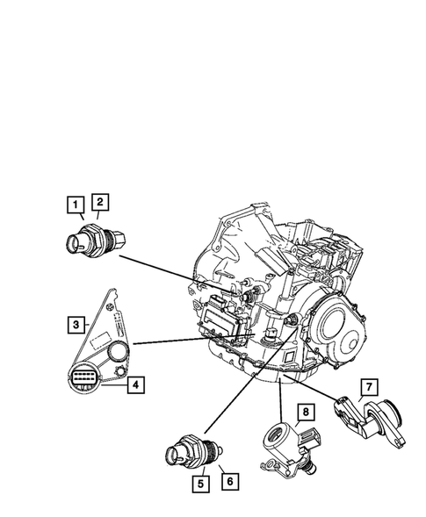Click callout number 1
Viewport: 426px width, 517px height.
[x=79, y=205]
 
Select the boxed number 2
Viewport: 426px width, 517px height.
[x=100, y=203]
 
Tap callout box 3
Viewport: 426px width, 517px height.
[x=76, y=325]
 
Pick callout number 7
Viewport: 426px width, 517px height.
[x=369, y=387]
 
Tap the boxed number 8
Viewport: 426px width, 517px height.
[x=305, y=411]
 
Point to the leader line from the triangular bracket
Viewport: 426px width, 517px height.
[x=176, y=340]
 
